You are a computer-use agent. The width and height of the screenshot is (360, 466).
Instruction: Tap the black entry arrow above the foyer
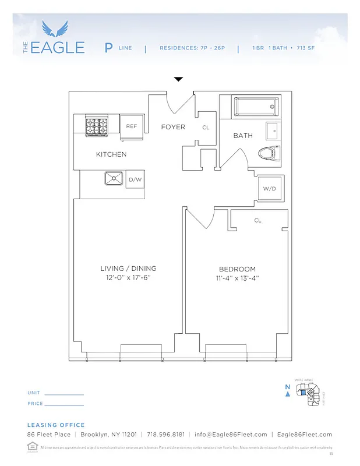click(x=179, y=79)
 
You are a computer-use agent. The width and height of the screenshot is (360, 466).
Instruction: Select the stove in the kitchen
click(x=97, y=126)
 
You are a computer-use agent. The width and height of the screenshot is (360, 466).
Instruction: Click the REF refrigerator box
click(x=132, y=126)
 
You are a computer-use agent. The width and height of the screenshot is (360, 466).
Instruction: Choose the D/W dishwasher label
click(x=135, y=179)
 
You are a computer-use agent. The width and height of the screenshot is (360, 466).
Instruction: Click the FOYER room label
click(x=173, y=127)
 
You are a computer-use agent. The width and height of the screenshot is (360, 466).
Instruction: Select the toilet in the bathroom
click(x=269, y=153)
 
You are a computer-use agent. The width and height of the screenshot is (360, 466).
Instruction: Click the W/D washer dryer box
click(x=269, y=189)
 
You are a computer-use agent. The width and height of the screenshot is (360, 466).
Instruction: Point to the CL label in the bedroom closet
click(x=257, y=221)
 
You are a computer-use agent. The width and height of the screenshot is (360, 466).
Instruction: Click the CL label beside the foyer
click(x=206, y=128)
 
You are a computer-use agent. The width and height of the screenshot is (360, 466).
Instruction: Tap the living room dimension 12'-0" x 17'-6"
click(x=128, y=278)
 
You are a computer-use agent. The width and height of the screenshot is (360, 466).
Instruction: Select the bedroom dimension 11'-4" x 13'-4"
click(x=237, y=278)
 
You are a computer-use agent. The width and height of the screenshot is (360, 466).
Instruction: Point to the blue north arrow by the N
click(x=287, y=394)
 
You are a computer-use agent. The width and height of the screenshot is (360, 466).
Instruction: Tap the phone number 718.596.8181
click(x=166, y=435)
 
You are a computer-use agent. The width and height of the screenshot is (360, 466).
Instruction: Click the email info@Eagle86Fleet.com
click(x=231, y=435)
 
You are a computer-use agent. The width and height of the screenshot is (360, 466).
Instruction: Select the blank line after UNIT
click(x=64, y=394)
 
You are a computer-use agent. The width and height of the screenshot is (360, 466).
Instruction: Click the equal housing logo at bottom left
click(x=31, y=446)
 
